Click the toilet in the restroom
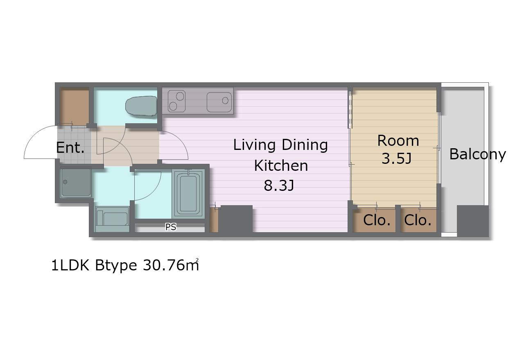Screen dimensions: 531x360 pos(141,106)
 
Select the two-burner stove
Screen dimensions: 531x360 pos(176,101)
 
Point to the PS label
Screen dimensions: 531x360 pos(171,227)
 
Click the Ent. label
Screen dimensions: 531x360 pos(70,147)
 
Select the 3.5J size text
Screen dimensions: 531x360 pos(396,158)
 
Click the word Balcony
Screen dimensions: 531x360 pos(477,154)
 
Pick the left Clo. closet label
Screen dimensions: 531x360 pos(377,220)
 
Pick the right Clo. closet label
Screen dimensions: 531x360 pos(418,220)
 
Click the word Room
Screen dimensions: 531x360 pos(398,140)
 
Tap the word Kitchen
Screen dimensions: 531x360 pos(281,165)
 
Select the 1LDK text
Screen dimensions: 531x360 pos(70,265)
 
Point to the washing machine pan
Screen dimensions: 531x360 pos(76,183)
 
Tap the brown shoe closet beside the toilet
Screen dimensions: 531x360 pos(74,106)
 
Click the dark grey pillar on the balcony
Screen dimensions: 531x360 pos(473,221)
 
